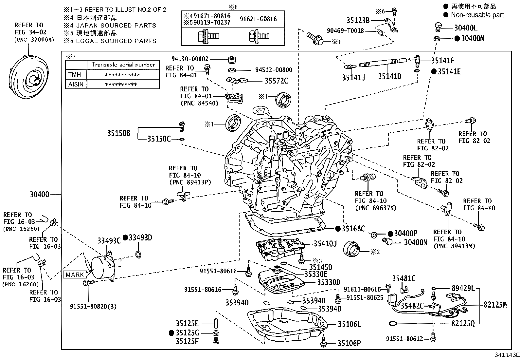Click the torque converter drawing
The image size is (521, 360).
click(28, 77)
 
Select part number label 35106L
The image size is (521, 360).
click(349, 324)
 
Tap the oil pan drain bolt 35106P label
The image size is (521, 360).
click(349, 343)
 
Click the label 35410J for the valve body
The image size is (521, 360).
click(325, 244)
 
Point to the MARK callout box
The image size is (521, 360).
click(75, 275)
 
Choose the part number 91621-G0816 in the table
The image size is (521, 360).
click(258, 19)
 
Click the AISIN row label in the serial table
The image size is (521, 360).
click(76, 84)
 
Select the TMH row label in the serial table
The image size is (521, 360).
click(75, 74)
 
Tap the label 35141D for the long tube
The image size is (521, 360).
click(389, 76)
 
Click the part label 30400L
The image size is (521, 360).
click(466, 28)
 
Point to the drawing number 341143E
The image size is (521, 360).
click(507, 355)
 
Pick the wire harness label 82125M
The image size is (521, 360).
click(495, 305)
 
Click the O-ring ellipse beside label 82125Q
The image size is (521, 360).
click(392, 323)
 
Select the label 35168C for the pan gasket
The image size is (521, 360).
click(353, 229)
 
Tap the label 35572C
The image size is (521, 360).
click(276, 81)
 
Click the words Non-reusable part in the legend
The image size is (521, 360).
click(477, 15)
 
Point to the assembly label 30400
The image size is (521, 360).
click(40, 195)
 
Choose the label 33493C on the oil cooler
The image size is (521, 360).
click(109, 241)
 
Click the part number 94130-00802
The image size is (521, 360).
click(190, 59)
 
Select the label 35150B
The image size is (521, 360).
click(118, 133)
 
